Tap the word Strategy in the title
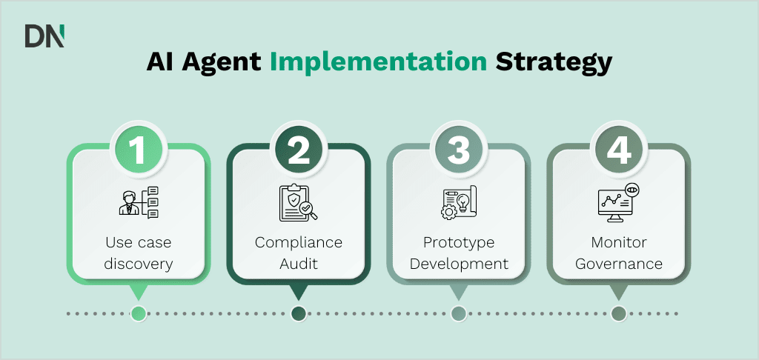pyautogui.click(x=554, y=62)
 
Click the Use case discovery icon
pyautogui.click(x=139, y=203)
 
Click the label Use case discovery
pyautogui.click(x=139, y=253)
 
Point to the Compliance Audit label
pyautogui.click(x=298, y=253)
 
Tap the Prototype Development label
pyautogui.click(x=458, y=253)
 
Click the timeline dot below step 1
pyautogui.click(x=138, y=313)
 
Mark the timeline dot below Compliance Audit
pyautogui.click(x=298, y=313)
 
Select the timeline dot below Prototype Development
pyautogui.click(x=458, y=313)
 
